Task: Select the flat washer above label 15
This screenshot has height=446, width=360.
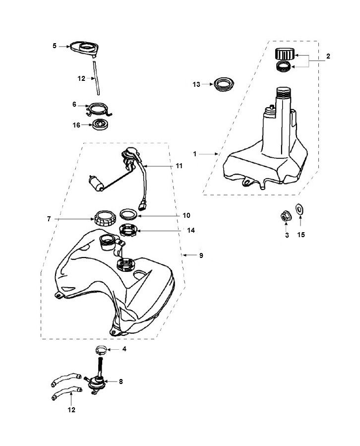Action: coord(300,210)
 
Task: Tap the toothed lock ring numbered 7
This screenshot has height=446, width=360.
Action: coord(105,218)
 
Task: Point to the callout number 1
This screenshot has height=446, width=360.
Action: coord(195,154)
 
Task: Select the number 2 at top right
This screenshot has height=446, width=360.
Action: coord(328,57)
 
